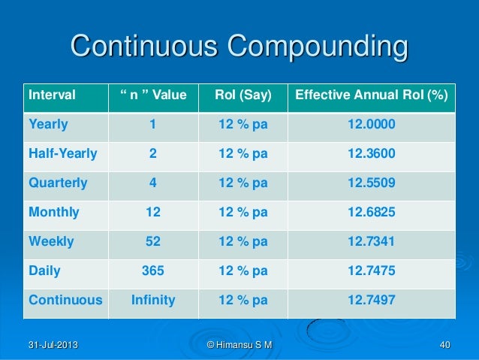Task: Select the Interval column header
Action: [x=52, y=95]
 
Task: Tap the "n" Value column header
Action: [x=153, y=95]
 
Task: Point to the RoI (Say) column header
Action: [x=243, y=95]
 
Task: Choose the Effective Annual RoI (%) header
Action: [x=372, y=95]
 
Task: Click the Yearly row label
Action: [x=48, y=125]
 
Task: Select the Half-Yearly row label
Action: [x=63, y=154]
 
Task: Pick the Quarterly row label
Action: [x=58, y=183]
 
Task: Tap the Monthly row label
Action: [x=53, y=212]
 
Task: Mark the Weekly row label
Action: [x=50, y=241]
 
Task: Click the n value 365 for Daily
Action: [x=153, y=271]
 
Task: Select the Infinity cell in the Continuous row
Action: [x=153, y=300]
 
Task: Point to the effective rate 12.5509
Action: [x=372, y=183]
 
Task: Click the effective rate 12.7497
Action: [x=372, y=300]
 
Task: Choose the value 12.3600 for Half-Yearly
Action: [x=372, y=154]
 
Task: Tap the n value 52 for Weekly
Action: [x=153, y=241]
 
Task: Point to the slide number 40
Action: [x=444, y=345]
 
